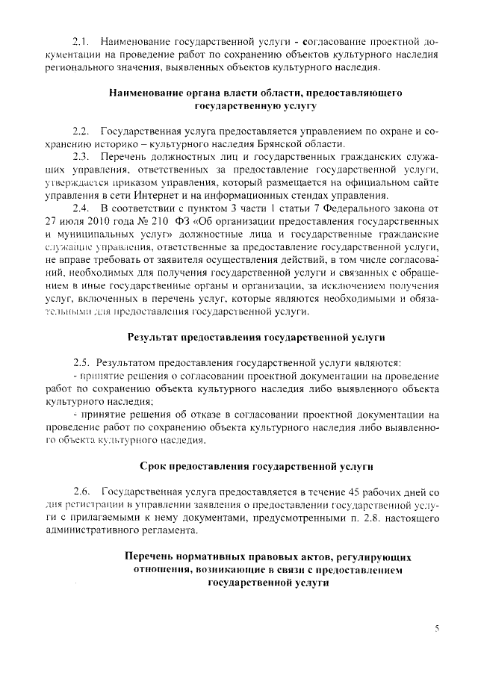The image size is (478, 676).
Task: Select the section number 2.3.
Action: coord(81,157)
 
